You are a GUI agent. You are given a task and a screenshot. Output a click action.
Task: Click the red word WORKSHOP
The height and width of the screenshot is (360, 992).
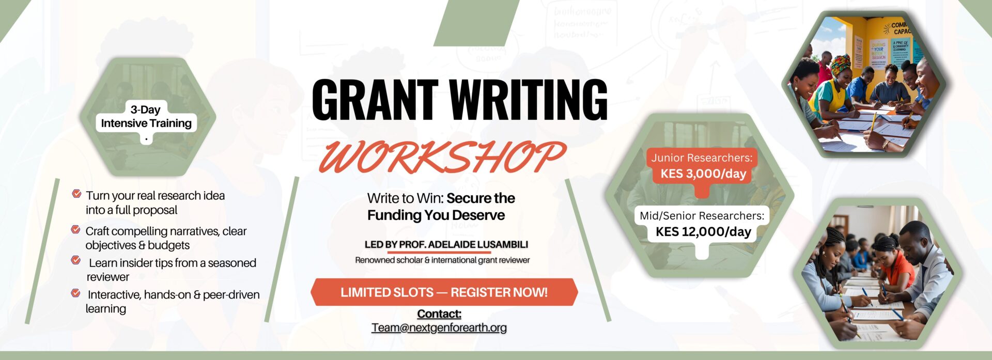click(x=442, y=156)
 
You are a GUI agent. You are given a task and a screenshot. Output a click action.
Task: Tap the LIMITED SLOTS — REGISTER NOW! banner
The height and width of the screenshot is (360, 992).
click(x=444, y=292)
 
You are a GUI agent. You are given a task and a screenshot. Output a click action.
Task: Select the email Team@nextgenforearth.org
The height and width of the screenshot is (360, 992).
click(x=439, y=327)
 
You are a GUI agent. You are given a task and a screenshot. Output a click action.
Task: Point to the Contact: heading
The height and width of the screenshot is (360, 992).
click(x=439, y=314)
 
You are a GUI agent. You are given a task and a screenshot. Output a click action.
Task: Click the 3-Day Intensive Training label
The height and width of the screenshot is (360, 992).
click(x=146, y=116)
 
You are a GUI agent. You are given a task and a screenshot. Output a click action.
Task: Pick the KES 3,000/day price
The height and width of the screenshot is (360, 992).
click(x=703, y=174)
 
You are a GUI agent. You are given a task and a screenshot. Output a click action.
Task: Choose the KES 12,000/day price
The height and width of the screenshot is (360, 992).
click(x=703, y=231)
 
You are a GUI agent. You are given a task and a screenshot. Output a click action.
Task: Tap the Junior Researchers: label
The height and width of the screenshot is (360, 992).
click(x=702, y=158)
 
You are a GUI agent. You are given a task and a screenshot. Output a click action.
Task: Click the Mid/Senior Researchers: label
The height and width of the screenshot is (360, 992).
click(x=702, y=215)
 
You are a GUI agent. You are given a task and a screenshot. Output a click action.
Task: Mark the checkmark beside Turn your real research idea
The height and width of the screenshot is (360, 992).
click(x=76, y=194)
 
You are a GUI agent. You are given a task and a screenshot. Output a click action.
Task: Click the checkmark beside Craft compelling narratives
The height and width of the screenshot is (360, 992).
click(x=75, y=229)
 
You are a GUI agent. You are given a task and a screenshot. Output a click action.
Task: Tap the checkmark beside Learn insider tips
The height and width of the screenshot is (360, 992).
click(x=75, y=260)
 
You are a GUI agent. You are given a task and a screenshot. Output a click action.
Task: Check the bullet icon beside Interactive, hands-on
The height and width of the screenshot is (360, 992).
click(x=75, y=293)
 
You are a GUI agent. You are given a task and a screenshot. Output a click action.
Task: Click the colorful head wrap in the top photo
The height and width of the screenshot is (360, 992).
click(x=840, y=65)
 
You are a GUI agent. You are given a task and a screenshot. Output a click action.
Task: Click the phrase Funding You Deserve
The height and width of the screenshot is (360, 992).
click(x=436, y=215)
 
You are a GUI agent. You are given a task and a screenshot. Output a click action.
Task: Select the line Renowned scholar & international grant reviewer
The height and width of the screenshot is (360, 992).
click(x=442, y=260)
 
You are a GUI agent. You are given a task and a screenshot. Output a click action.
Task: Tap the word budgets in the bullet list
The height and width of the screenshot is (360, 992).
click(x=169, y=245)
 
